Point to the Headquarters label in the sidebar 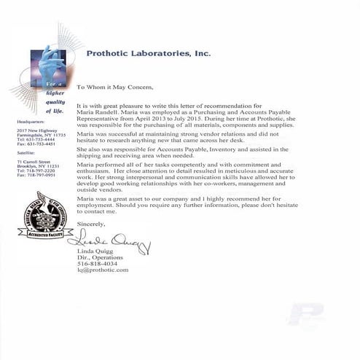click(30, 122)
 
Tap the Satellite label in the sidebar click(26, 154)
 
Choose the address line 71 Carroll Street click(33, 161)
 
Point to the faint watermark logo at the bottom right click(305, 315)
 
